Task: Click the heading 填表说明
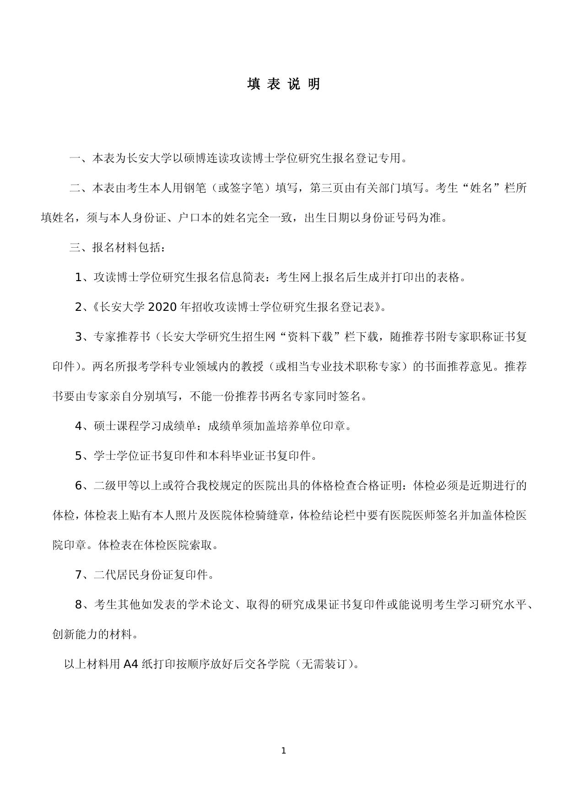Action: (284, 84)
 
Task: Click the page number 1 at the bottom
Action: (284, 750)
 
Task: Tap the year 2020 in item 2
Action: (162, 307)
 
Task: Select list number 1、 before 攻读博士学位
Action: (84, 277)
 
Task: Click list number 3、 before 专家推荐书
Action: (84, 337)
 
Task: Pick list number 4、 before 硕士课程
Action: (84, 426)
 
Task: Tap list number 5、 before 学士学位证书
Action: (84, 456)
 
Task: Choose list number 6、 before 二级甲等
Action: (84, 486)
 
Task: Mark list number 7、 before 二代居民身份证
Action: (84, 575)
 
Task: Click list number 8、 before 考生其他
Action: (84, 605)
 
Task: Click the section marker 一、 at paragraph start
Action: (80, 159)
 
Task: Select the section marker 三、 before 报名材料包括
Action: (80, 248)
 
